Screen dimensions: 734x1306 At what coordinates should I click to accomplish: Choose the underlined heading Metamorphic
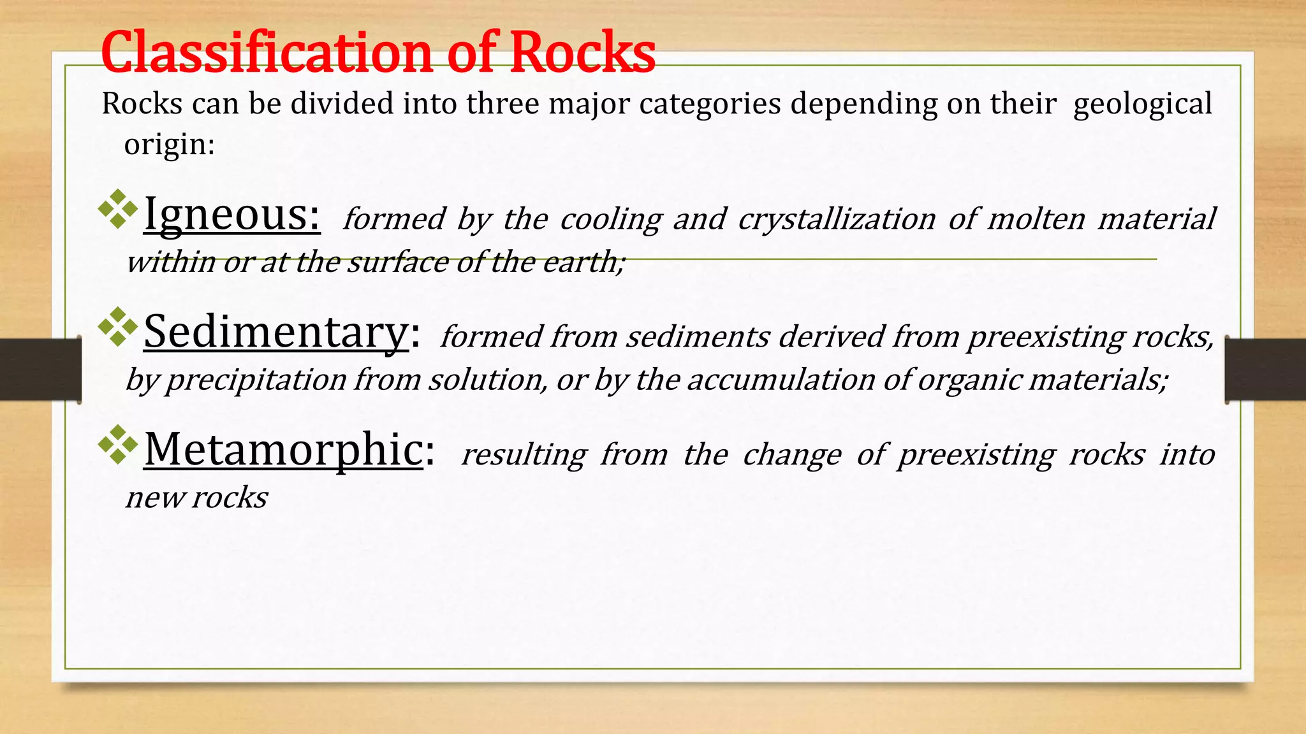[x=283, y=449]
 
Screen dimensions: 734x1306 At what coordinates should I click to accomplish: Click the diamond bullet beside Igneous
[x=118, y=209]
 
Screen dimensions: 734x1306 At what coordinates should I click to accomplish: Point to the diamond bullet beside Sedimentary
[x=118, y=327]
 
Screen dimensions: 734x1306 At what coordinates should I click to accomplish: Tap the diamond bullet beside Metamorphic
[x=118, y=444]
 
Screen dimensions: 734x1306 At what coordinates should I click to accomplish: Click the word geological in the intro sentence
[x=1142, y=104]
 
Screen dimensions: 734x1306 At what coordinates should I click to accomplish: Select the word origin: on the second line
[x=169, y=144]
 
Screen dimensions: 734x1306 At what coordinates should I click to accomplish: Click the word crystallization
[x=837, y=219]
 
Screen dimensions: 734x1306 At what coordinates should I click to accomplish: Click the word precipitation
[x=256, y=380]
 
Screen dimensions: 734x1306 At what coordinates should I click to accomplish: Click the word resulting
[x=524, y=455]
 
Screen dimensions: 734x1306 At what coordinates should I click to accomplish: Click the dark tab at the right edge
[x=1265, y=370]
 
